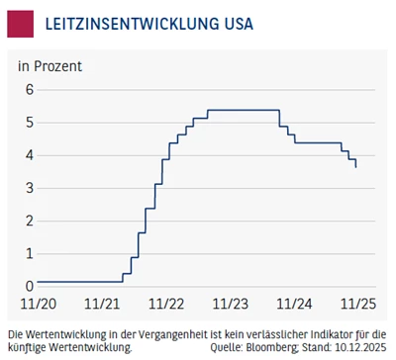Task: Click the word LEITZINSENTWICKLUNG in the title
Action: [x=125, y=23]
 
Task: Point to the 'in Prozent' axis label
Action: [x=49, y=66]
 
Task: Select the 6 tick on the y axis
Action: [x=30, y=89]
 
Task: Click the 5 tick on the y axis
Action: [x=30, y=122]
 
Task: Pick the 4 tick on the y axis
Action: [x=30, y=155]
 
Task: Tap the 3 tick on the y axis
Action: [x=30, y=188]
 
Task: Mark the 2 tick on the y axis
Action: [x=30, y=221]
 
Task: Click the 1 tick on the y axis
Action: [x=30, y=253]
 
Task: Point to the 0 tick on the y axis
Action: [x=30, y=286]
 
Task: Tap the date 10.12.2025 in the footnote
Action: [x=359, y=348]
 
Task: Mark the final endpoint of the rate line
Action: [x=356, y=168]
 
